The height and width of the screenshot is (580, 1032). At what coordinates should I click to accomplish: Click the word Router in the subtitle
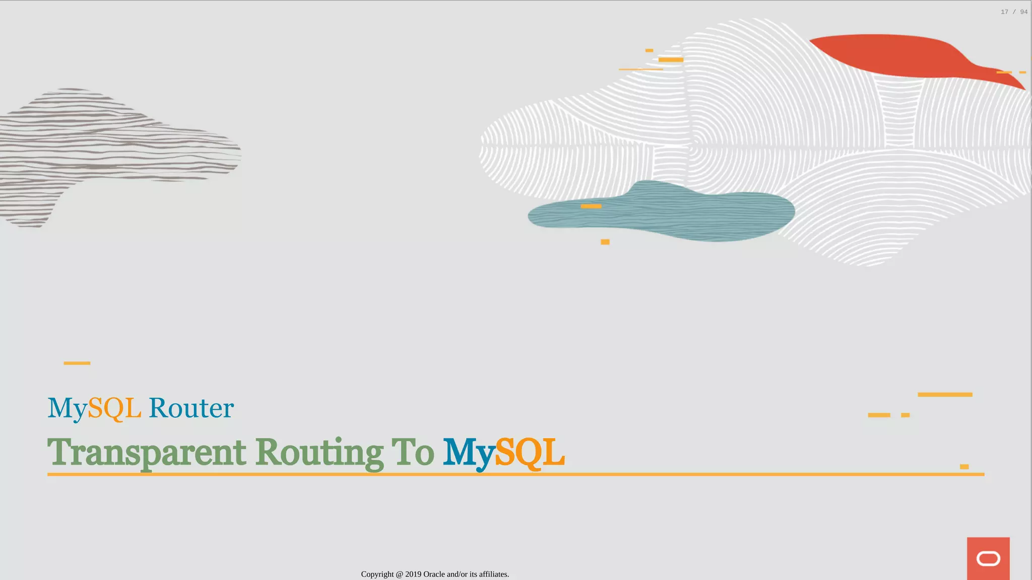[x=191, y=408]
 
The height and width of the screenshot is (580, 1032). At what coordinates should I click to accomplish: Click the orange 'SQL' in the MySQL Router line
[x=114, y=408]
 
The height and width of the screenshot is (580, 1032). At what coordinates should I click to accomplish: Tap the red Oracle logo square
[x=988, y=558]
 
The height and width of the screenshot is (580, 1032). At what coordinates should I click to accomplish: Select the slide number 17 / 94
[x=1014, y=12]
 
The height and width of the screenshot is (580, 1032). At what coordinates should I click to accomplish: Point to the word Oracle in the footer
[x=434, y=574]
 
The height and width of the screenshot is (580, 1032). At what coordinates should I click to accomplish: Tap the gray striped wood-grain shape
[x=101, y=151]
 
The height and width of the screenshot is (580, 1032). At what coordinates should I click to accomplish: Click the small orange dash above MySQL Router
[x=77, y=363]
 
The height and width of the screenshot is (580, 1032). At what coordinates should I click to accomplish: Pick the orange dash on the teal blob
[x=591, y=206]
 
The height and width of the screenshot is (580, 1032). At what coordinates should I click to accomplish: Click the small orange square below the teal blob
[x=605, y=242]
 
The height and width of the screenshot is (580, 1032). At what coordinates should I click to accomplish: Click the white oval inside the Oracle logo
[x=988, y=559]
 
